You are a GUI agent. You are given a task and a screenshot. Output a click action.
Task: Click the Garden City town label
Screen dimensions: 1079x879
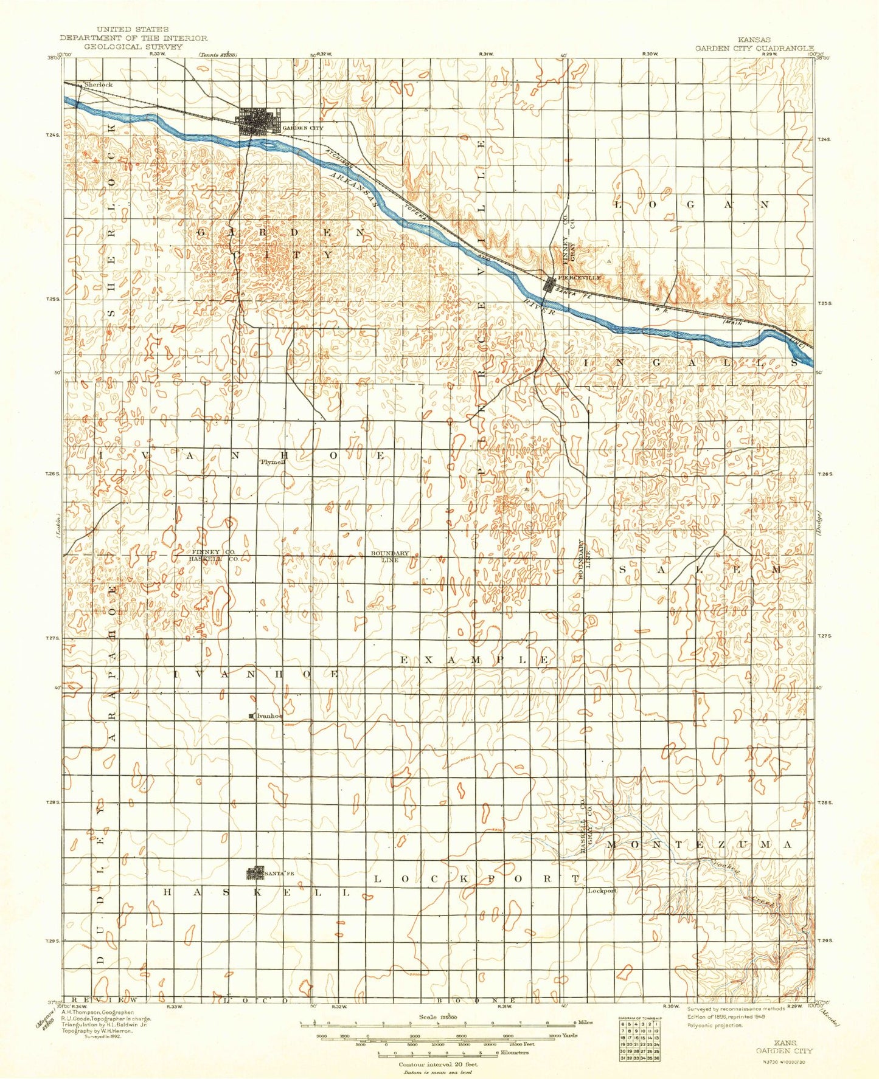tap(303, 128)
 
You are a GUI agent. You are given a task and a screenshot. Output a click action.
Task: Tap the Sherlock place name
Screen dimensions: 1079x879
tap(99, 84)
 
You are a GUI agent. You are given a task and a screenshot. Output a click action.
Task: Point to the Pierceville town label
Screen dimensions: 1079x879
tap(580, 277)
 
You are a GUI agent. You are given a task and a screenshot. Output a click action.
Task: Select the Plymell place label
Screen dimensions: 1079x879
tap(273, 462)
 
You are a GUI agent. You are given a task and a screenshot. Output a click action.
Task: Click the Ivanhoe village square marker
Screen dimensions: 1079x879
tap(252, 716)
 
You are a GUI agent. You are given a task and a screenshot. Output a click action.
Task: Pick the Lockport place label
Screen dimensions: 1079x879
tap(602, 891)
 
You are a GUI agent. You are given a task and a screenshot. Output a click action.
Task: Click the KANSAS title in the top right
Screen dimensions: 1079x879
tap(753, 40)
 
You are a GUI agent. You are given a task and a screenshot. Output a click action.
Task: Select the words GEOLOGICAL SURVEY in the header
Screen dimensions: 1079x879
tap(133, 46)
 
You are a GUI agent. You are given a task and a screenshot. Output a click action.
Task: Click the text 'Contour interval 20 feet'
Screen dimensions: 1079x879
tap(438, 1064)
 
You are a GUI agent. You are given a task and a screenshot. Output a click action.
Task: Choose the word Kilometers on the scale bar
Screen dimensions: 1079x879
tap(514, 1052)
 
